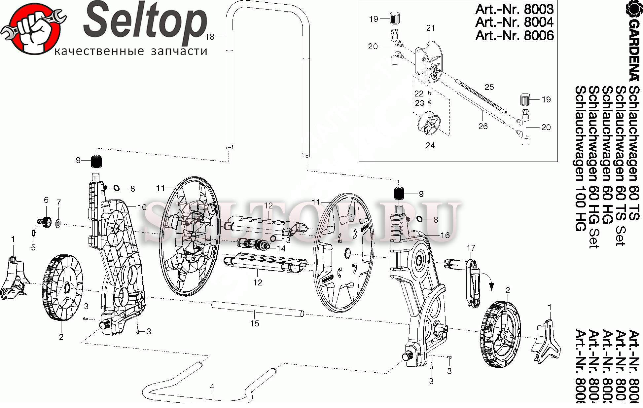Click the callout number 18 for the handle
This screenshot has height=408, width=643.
click(x=209, y=37)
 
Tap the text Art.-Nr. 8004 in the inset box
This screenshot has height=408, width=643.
click(x=514, y=22)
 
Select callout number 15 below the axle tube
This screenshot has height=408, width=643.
click(x=255, y=323)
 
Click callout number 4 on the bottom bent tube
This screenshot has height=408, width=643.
click(x=212, y=387)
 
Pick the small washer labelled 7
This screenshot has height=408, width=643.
click(x=58, y=224)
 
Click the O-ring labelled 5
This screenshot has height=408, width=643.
click(x=33, y=233)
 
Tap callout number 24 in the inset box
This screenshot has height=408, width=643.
click(x=430, y=145)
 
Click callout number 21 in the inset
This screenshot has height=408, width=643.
click(x=430, y=28)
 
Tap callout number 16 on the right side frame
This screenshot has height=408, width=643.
click(x=445, y=235)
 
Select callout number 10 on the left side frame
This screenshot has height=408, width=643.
click(x=142, y=207)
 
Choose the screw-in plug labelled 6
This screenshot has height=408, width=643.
click(x=46, y=220)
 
